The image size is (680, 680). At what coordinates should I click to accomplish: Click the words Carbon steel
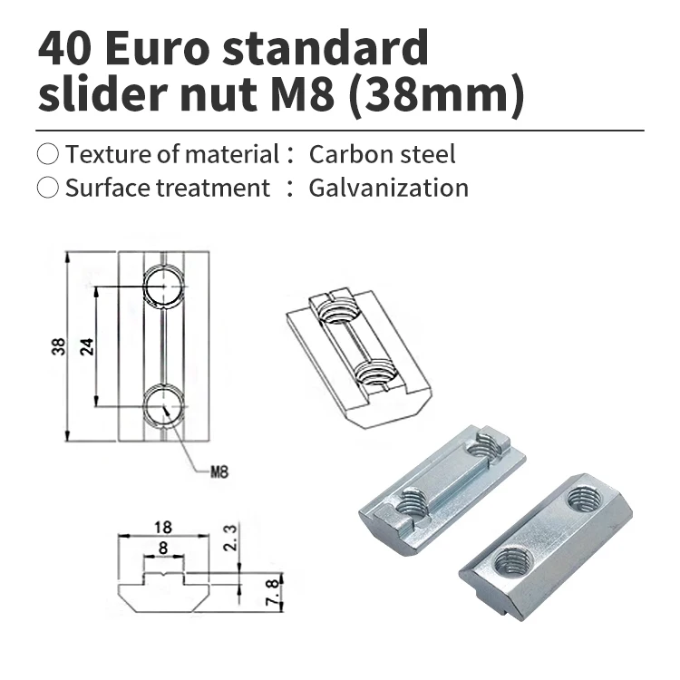[x=382, y=153]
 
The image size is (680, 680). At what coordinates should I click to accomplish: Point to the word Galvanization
[x=388, y=188]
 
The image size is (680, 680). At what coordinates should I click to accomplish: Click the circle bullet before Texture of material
[x=48, y=153]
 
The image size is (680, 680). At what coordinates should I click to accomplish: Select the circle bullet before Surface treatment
[x=48, y=188]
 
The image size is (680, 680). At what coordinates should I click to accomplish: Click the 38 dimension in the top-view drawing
[x=56, y=345]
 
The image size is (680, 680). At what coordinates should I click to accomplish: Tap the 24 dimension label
[x=87, y=345]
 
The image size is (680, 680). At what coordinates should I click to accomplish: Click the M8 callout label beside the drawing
[x=219, y=471]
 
